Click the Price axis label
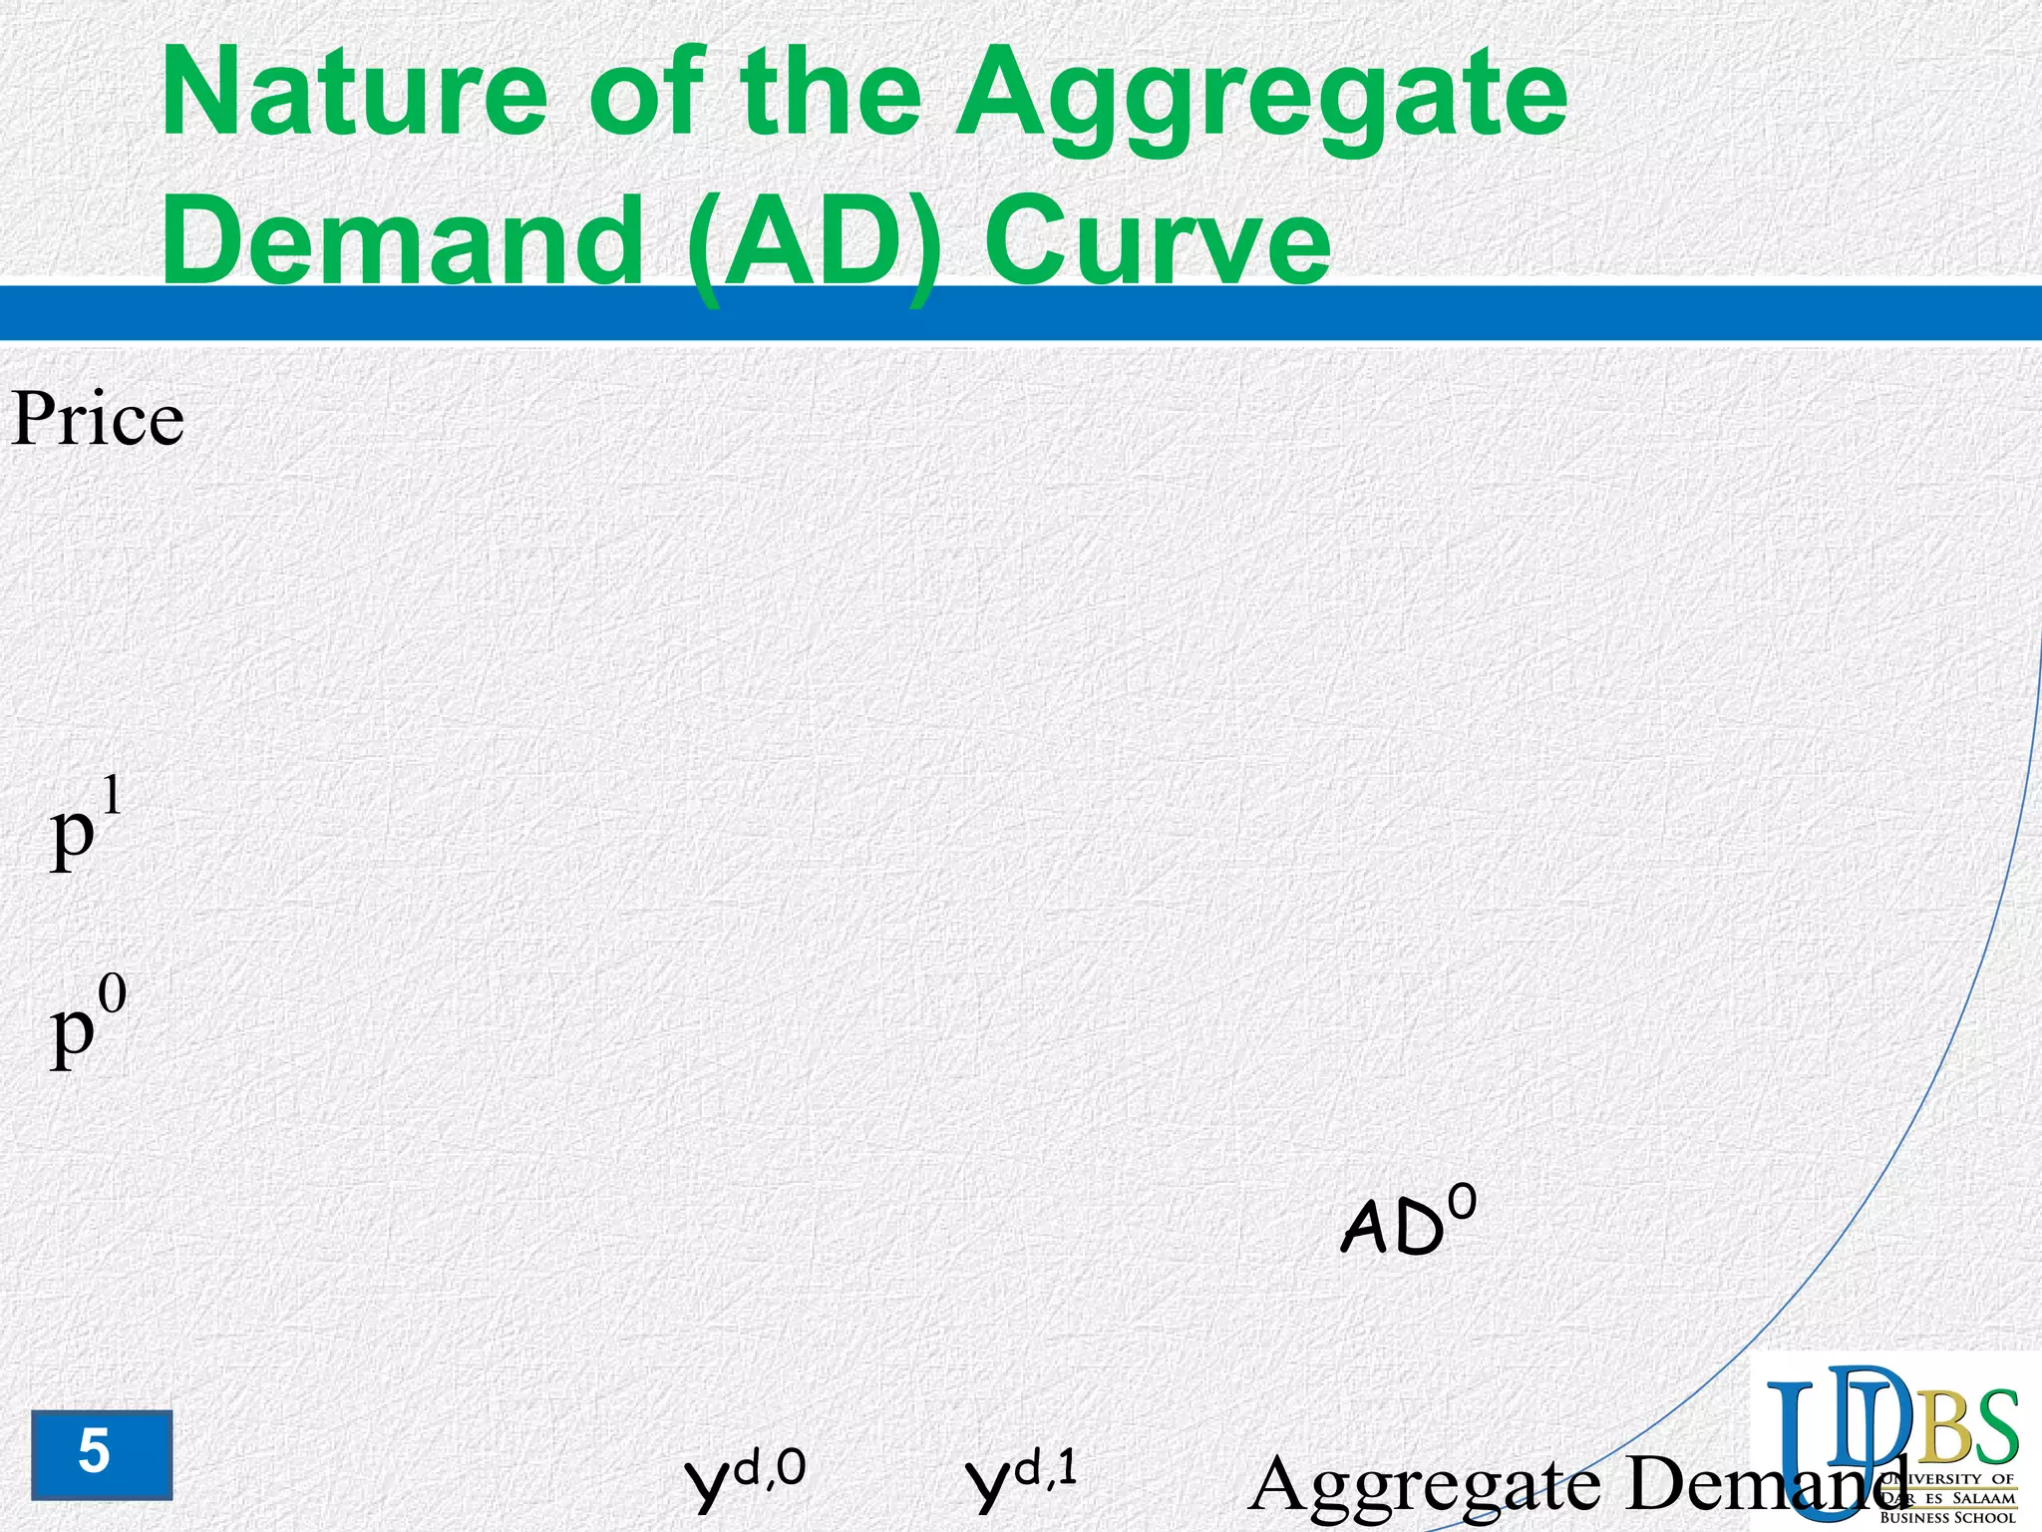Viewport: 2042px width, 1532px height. point(98,419)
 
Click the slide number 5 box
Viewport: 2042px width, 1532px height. point(101,1454)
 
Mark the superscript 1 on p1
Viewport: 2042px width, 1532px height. point(111,796)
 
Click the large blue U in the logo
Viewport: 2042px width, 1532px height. point(1800,1446)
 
